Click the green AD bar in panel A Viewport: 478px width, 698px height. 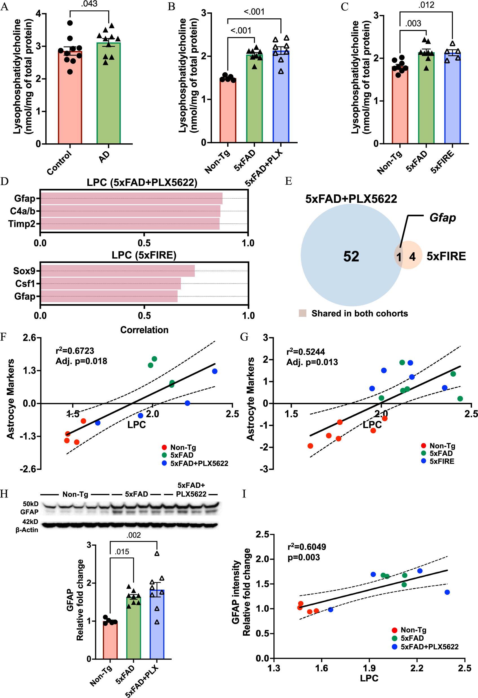[x=108, y=96]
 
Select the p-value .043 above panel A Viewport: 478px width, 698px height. [x=89, y=4]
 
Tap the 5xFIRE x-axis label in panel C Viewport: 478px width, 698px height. [x=442, y=162]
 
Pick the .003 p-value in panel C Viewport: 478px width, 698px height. [x=413, y=23]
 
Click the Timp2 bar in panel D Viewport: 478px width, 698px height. [x=130, y=224]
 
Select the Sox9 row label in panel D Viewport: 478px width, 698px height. [x=24, y=271]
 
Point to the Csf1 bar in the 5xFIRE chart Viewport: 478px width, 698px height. [x=111, y=284]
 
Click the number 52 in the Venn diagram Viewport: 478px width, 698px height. [x=351, y=256]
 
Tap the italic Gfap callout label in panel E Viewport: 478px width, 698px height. [x=442, y=218]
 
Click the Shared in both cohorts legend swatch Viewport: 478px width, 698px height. [x=302, y=313]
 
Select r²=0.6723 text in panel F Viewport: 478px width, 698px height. [x=75, y=351]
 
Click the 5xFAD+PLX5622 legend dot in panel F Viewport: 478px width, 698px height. [x=164, y=463]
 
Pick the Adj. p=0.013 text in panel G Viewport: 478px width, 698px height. [x=312, y=362]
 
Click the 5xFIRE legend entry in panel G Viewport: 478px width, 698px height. [x=441, y=461]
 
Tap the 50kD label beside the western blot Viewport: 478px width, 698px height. [x=30, y=504]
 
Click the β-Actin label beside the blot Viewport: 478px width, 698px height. [x=27, y=530]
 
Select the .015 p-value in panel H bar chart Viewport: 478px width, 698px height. [x=122, y=552]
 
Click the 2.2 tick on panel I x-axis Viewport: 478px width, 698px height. [x=417, y=668]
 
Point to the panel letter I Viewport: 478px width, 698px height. [x=244, y=493]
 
